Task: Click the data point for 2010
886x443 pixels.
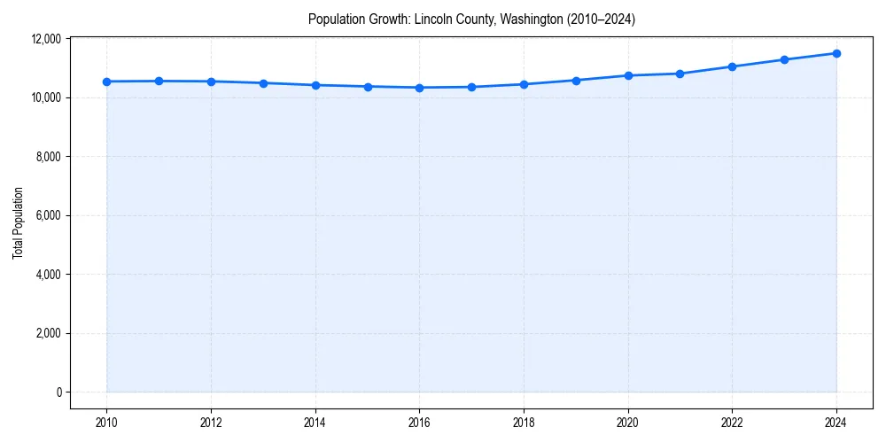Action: [106, 82]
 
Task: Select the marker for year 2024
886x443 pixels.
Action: [836, 53]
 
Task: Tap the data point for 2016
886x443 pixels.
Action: [419, 88]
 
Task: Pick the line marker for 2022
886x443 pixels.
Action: [732, 66]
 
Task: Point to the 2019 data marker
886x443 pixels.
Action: [576, 81]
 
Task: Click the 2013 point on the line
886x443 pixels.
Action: [263, 83]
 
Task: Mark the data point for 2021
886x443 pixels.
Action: [680, 74]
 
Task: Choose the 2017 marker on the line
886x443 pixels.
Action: [471, 87]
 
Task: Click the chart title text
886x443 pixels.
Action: [471, 19]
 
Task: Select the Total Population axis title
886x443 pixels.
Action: [18, 222]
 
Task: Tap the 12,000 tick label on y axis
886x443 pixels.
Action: [45, 39]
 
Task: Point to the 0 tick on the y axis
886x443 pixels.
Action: [58, 392]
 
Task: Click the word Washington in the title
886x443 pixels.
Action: [523, 19]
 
